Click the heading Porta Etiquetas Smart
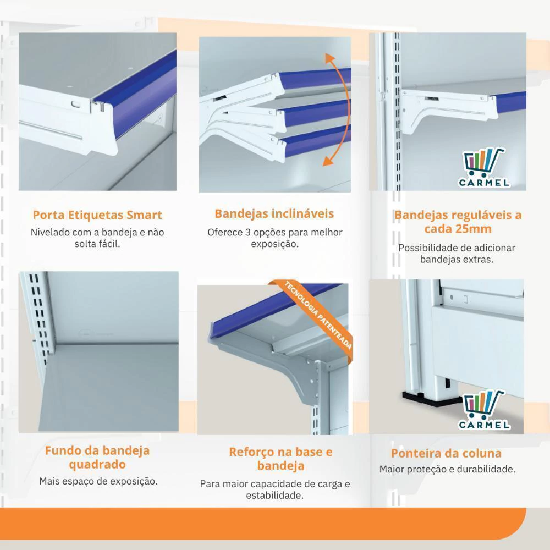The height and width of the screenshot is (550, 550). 97,215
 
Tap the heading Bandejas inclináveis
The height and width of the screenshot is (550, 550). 274,213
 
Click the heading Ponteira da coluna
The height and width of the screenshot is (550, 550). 446,453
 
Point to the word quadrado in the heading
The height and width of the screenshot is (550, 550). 97,465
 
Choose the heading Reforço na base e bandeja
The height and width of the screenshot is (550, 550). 280,459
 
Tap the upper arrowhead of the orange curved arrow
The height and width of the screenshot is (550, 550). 329,58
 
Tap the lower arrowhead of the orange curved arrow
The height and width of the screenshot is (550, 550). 328,160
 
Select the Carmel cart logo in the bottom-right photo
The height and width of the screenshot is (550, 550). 485,410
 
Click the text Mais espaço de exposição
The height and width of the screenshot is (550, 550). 98,481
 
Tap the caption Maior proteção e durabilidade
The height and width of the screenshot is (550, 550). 447,469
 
